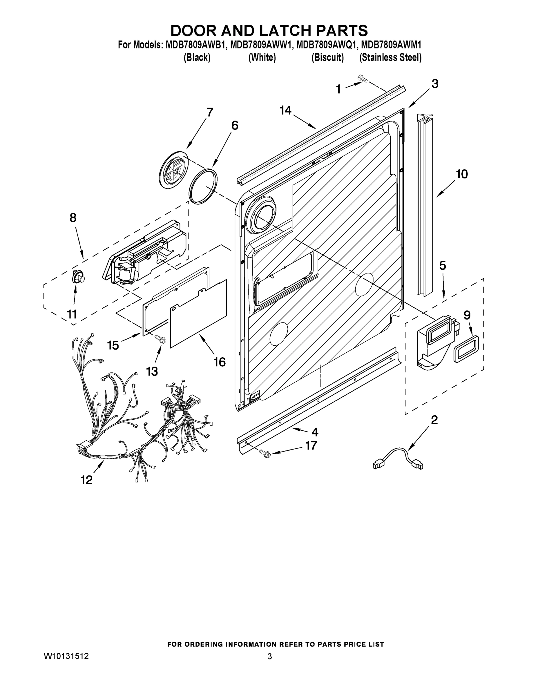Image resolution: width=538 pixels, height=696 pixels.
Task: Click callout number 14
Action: point(285,110)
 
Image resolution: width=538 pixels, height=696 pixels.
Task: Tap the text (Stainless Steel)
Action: point(390,58)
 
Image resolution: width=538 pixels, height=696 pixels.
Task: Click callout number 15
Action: point(113,345)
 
